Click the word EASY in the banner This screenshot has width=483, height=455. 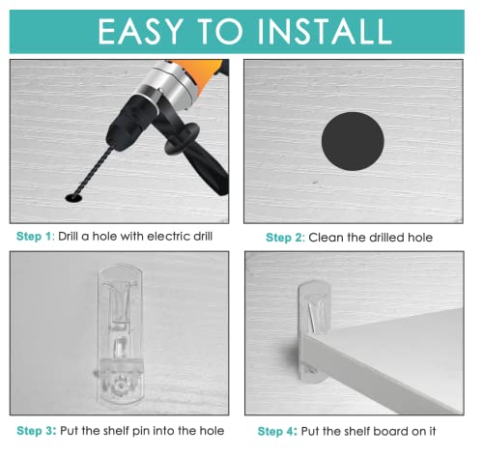[141, 31]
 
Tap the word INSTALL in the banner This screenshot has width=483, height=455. [325, 31]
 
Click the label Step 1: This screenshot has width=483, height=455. [36, 237]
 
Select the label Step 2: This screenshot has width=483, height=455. [285, 238]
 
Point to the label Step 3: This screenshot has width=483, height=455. [37, 431]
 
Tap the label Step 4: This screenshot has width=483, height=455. [277, 431]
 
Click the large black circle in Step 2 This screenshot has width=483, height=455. [353, 141]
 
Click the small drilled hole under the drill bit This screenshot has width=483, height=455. [73, 198]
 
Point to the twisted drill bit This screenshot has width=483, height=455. [95, 171]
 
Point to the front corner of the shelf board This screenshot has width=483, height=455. [302, 336]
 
